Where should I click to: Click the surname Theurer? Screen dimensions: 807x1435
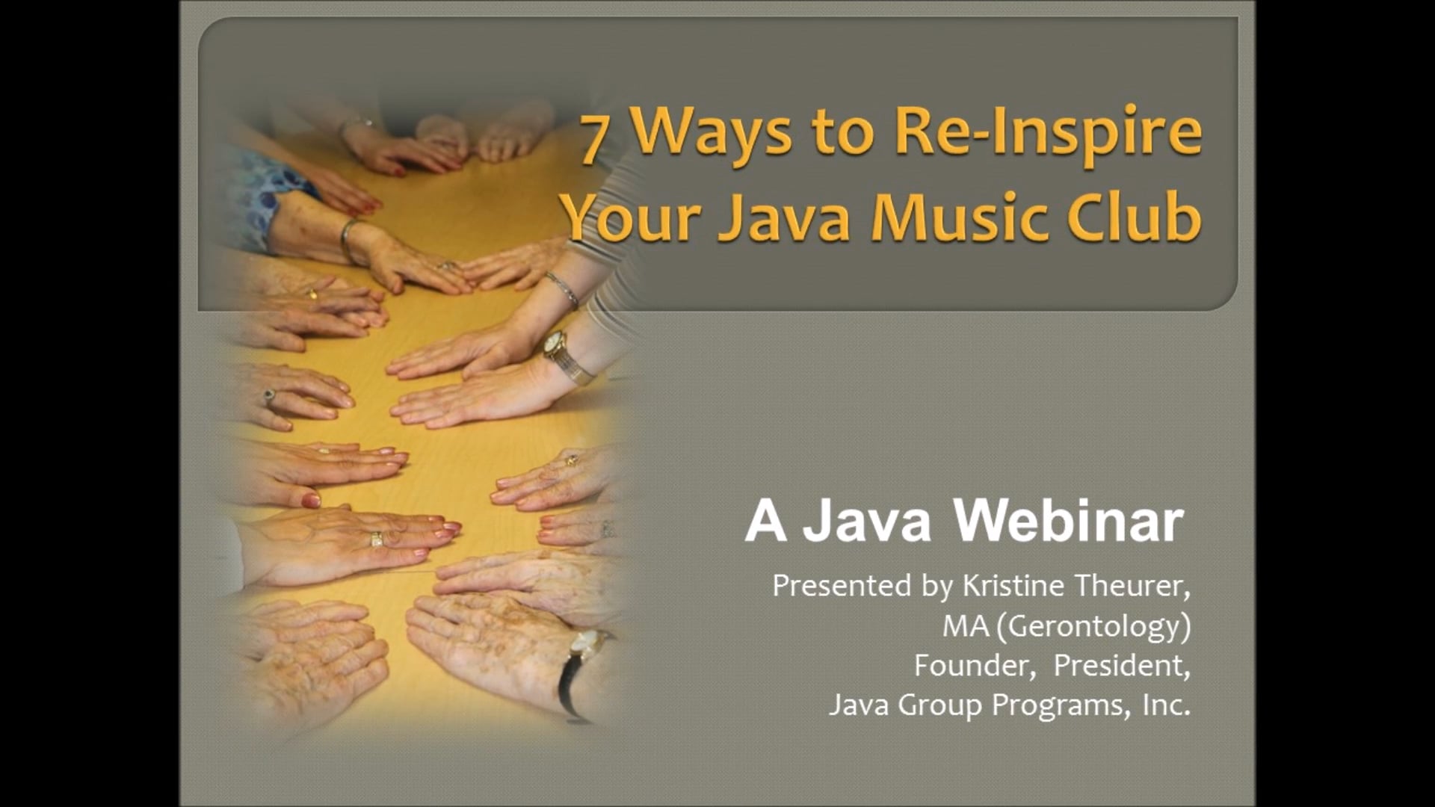(1132, 586)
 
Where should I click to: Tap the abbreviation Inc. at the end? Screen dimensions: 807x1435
(1166, 705)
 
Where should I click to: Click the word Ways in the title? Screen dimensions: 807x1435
(707, 134)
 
